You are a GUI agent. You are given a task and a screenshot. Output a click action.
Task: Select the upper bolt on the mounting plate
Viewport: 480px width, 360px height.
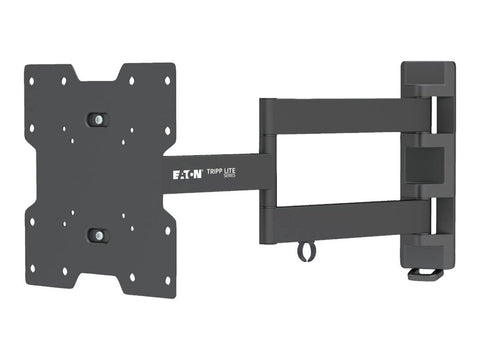[x=96, y=119]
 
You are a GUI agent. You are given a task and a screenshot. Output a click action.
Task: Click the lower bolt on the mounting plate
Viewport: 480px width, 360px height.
[x=96, y=235]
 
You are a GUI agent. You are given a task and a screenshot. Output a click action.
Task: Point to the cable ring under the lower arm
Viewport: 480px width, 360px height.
[x=303, y=255]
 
